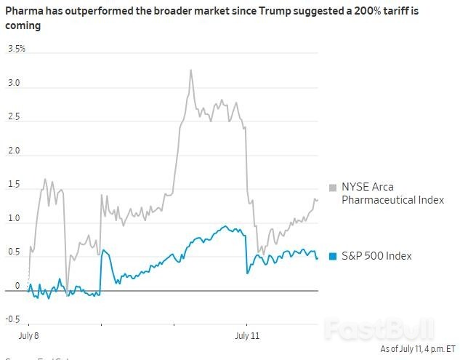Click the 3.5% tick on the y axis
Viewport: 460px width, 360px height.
pyautogui.click(x=17, y=49)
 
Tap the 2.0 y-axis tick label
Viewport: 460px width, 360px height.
pyautogui.click(x=14, y=151)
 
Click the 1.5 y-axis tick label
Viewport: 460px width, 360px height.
pyautogui.click(x=14, y=185)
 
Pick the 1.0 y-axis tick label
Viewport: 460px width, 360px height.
pyautogui.click(x=14, y=219)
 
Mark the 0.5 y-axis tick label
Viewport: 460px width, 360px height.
pyautogui.click(x=14, y=252)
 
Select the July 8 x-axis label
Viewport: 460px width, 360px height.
pyautogui.click(x=28, y=336)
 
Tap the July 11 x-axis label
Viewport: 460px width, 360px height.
pyautogui.click(x=247, y=336)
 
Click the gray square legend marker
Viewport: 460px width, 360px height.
pyautogui.click(x=334, y=187)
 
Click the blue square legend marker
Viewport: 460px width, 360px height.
pyautogui.click(x=334, y=256)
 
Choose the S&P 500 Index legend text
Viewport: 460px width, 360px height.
pyautogui.click(x=376, y=256)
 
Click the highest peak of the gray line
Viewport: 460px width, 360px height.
pyautogui.click(x=190, y=71)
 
